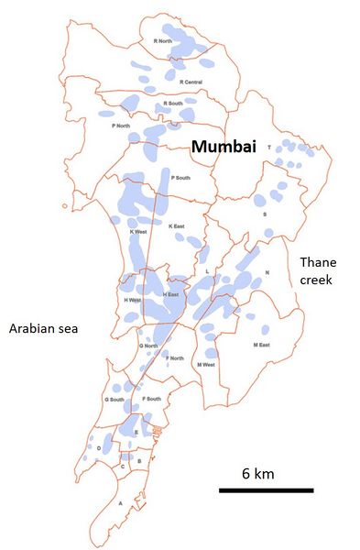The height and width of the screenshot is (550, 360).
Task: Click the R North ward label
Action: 161,40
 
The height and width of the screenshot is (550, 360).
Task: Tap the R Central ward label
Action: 191,82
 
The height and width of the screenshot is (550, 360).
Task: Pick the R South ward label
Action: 172,104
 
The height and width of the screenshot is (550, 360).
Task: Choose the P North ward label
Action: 120,126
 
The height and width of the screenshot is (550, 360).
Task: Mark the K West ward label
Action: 137,231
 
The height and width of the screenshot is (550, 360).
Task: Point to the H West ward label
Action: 132,300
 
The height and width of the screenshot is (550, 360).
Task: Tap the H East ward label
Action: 169,294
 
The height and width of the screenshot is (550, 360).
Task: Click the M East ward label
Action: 260,346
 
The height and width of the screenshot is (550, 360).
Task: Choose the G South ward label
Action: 115,400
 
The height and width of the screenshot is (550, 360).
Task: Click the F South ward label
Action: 151,400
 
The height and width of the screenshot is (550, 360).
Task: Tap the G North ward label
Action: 148,346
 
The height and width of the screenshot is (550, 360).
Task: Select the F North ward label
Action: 175,357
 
